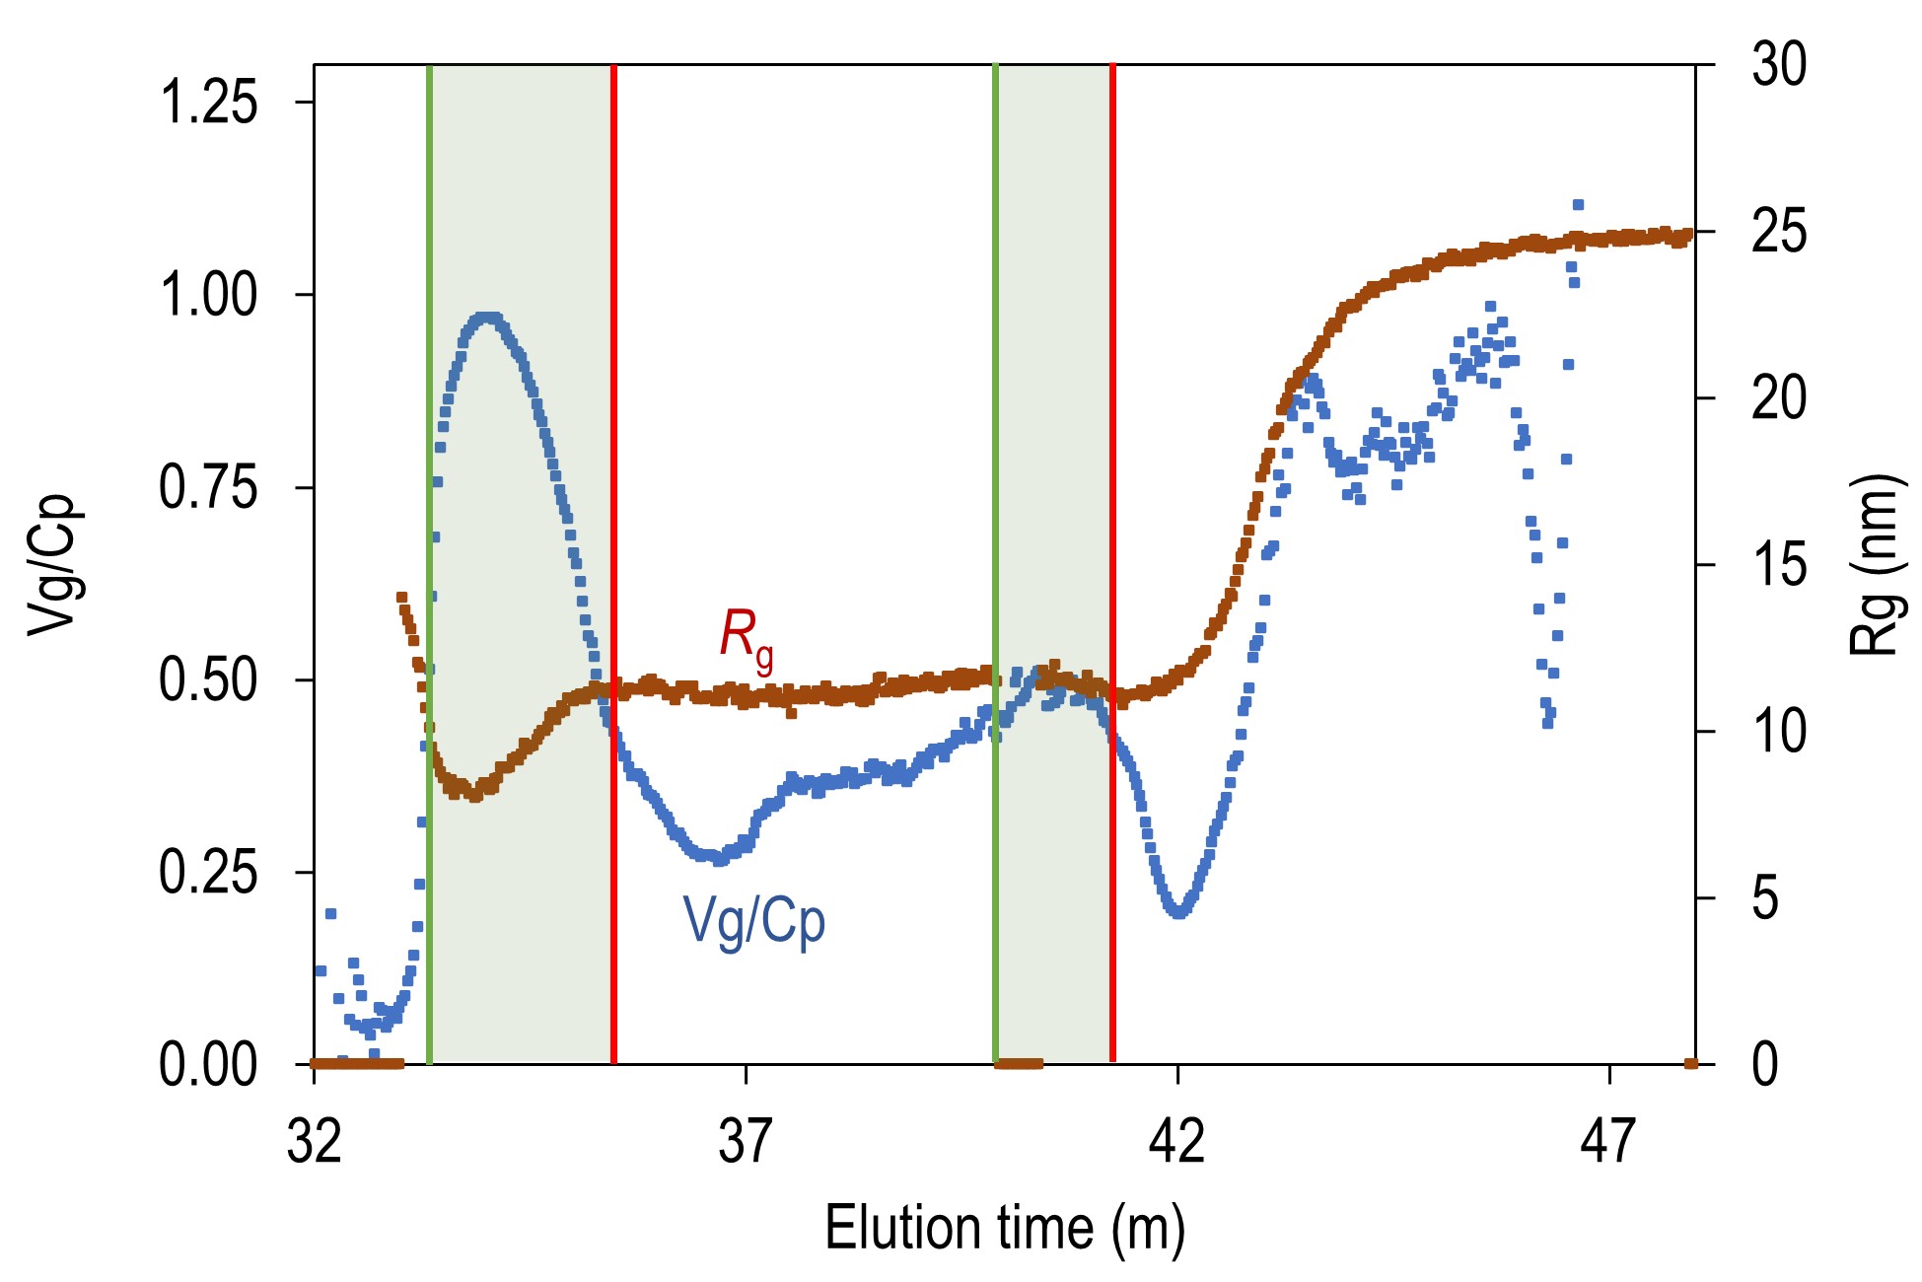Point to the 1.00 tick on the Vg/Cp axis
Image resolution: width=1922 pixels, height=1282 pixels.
point(208,295)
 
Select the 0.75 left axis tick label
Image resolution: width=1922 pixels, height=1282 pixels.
point(208,487)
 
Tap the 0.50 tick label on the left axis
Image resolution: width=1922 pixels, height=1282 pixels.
point(208,680)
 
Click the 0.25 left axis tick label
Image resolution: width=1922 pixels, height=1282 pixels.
point(208,873)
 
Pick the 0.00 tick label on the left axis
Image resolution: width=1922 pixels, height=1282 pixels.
point(208,1065)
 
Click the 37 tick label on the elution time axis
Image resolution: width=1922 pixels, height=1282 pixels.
point(746,1141)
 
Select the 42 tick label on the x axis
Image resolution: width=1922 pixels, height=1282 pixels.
point(1177,1141)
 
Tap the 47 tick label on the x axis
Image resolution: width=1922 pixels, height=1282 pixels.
point(1608,1141)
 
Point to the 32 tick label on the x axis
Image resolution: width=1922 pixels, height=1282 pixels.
point(315,1141)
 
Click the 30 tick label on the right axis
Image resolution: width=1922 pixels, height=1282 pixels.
point(1779,65)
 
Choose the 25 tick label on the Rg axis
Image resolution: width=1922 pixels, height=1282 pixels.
point(1779,232)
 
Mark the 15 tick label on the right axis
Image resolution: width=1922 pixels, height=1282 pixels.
point(1779,565)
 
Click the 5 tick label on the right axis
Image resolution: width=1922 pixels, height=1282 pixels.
point(1765,898)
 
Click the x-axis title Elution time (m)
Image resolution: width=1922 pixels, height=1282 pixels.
point(1004,1229)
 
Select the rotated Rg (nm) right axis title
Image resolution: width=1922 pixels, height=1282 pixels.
point(1874,565)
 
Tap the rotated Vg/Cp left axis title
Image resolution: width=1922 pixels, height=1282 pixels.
point(51,565)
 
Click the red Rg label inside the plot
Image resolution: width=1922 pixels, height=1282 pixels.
point(746,638)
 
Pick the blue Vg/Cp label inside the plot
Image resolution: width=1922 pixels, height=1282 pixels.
point(754,922)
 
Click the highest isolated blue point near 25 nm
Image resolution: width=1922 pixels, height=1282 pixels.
point(1578,205)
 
